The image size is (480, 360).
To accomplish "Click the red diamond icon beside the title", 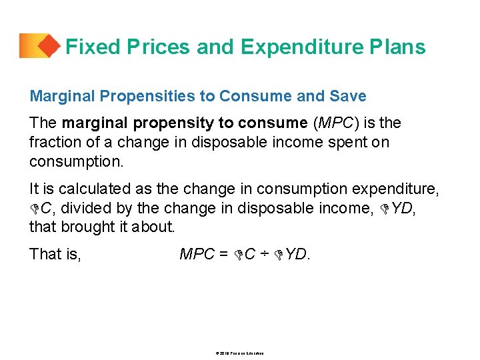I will [x=47, y=46].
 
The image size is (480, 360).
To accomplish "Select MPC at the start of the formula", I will [x=197, y=254].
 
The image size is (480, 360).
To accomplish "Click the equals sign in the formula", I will [x=223, y=254].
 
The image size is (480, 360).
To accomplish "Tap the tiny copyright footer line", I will [x=239, y=352].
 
